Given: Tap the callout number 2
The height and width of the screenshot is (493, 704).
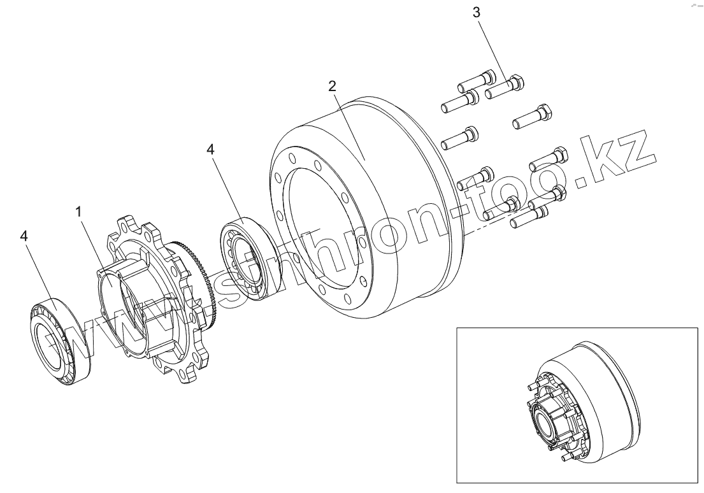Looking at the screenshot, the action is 332,86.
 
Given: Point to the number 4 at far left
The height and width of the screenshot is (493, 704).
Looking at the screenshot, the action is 24,236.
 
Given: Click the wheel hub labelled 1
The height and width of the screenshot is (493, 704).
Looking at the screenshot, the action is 150,299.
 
